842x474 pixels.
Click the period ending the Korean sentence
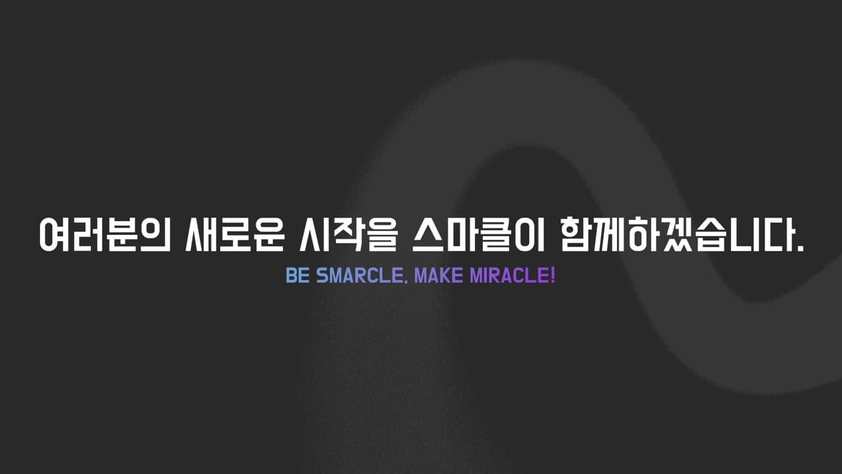(801, 248)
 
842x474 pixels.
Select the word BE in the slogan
(297, 276)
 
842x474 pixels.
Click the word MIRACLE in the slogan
(509, 276)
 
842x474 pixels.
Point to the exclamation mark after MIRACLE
(553, 276)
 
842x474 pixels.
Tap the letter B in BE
(292, 276)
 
